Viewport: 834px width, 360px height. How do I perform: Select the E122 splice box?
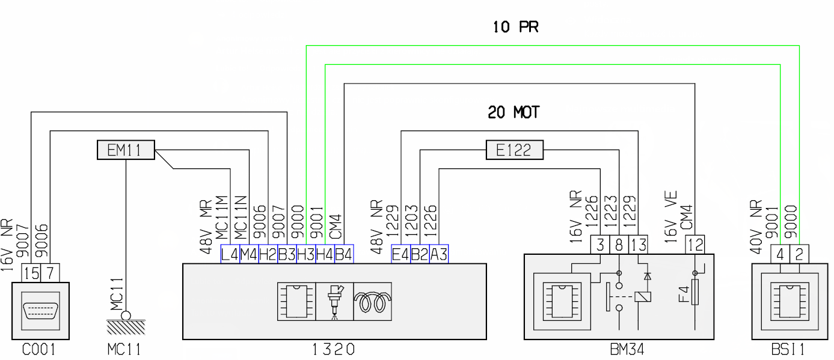click(x=514, y=150)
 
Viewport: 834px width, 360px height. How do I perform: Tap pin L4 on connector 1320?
click(x=230, y=254)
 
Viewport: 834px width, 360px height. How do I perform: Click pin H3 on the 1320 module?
click(x=306, y=254)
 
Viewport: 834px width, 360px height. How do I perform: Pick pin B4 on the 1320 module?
click(x=344, y=254)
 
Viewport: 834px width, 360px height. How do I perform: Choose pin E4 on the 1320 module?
click(x=401, y=254)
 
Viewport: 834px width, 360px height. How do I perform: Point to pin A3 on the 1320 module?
click(x=439, y=254)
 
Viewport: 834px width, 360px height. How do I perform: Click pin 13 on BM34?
click(x=639, y=245)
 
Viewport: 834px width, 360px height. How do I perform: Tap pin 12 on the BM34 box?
click(x=695, y=245)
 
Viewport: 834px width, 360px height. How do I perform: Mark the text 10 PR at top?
click(x=515, y=28)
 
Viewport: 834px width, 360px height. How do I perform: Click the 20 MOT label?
click(x=514, y=112)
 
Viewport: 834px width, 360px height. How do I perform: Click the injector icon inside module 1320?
click(x=334, y=301)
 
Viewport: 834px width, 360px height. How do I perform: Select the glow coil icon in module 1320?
click(x=372, y=301)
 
